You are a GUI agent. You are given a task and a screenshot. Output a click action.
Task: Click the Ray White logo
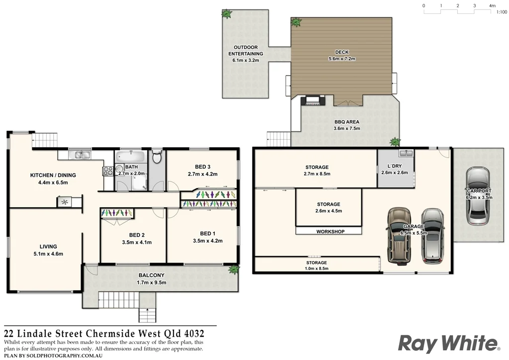click(x=448, y=343)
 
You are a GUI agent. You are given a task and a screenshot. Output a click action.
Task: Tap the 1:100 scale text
click(x=501, y=12)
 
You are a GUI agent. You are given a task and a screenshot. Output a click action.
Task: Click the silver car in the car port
click(x=478, y=196)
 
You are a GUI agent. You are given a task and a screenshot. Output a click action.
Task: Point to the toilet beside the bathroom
click(x=157, y=158)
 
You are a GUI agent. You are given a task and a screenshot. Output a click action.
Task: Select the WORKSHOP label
click(x=330, y=231)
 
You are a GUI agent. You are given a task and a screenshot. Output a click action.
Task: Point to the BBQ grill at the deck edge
click(x=313, y=101)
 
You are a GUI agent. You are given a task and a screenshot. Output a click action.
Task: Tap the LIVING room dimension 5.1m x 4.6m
click(x=48, y=254)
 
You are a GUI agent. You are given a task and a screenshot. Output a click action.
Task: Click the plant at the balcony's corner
click(x=233, y=270)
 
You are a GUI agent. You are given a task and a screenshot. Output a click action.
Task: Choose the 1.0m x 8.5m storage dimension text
click(x=316, y=269)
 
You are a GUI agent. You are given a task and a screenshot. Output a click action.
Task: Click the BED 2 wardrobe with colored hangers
click(x=117, y=213)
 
